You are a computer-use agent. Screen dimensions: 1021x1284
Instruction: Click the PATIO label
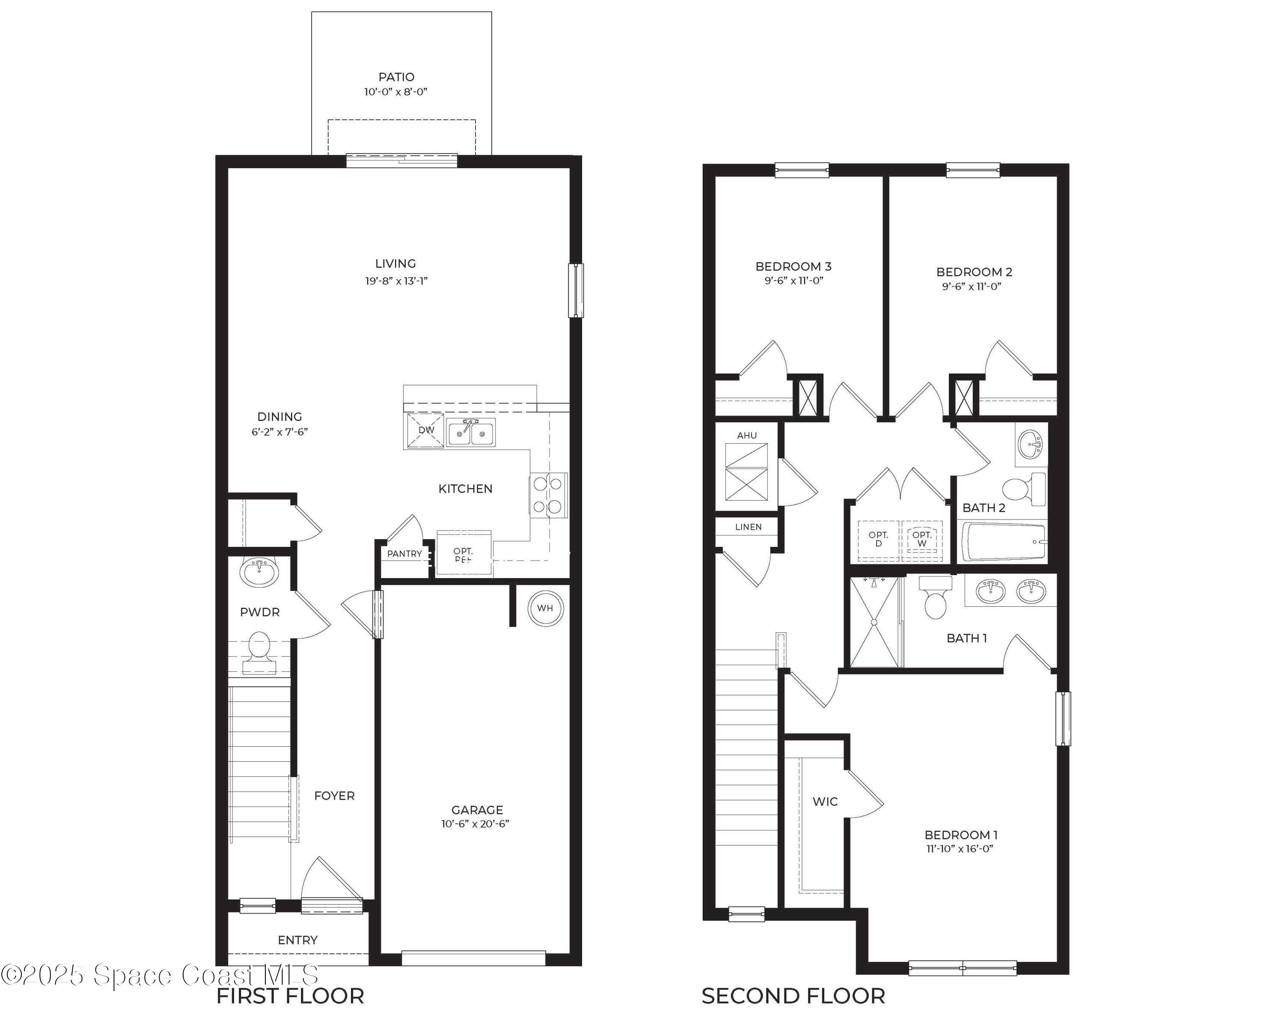point(396,77)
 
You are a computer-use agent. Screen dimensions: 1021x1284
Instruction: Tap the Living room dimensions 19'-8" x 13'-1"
point(396,281)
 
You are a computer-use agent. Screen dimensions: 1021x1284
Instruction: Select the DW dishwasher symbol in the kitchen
point(425,430)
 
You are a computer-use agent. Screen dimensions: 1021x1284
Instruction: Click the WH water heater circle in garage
point(545,608)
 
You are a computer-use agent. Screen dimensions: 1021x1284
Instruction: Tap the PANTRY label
point(404,554)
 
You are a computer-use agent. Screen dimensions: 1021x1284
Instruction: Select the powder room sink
point(259,573)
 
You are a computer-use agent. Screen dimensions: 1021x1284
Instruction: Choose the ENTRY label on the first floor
point(298,940)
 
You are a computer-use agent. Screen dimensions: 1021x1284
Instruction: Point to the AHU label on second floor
point(747,435)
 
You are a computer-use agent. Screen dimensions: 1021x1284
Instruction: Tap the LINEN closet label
point(748,527)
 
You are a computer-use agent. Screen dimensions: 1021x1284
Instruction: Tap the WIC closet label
point(825,802)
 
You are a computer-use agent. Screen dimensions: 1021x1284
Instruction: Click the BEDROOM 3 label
point(793,267)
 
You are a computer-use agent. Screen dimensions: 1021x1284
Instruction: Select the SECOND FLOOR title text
point(793,996)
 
